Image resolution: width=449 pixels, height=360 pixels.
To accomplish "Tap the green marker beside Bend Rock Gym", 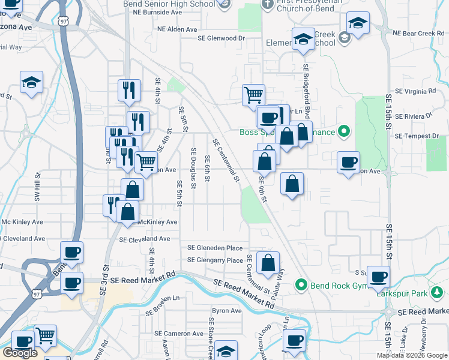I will point(301,284).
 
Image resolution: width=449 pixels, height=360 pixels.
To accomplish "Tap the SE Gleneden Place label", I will point(215,248).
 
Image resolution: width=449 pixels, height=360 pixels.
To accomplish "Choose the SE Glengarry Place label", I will point(215,260).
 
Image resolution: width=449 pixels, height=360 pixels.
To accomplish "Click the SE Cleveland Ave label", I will point(145,239).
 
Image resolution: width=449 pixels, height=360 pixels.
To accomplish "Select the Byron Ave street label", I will point(226,311).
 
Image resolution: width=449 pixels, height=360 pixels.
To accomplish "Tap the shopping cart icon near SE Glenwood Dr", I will point(254,95).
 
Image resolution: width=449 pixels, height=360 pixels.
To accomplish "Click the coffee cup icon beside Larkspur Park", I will point(378,277).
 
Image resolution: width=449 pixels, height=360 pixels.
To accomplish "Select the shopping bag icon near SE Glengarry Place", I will point(268,262).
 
